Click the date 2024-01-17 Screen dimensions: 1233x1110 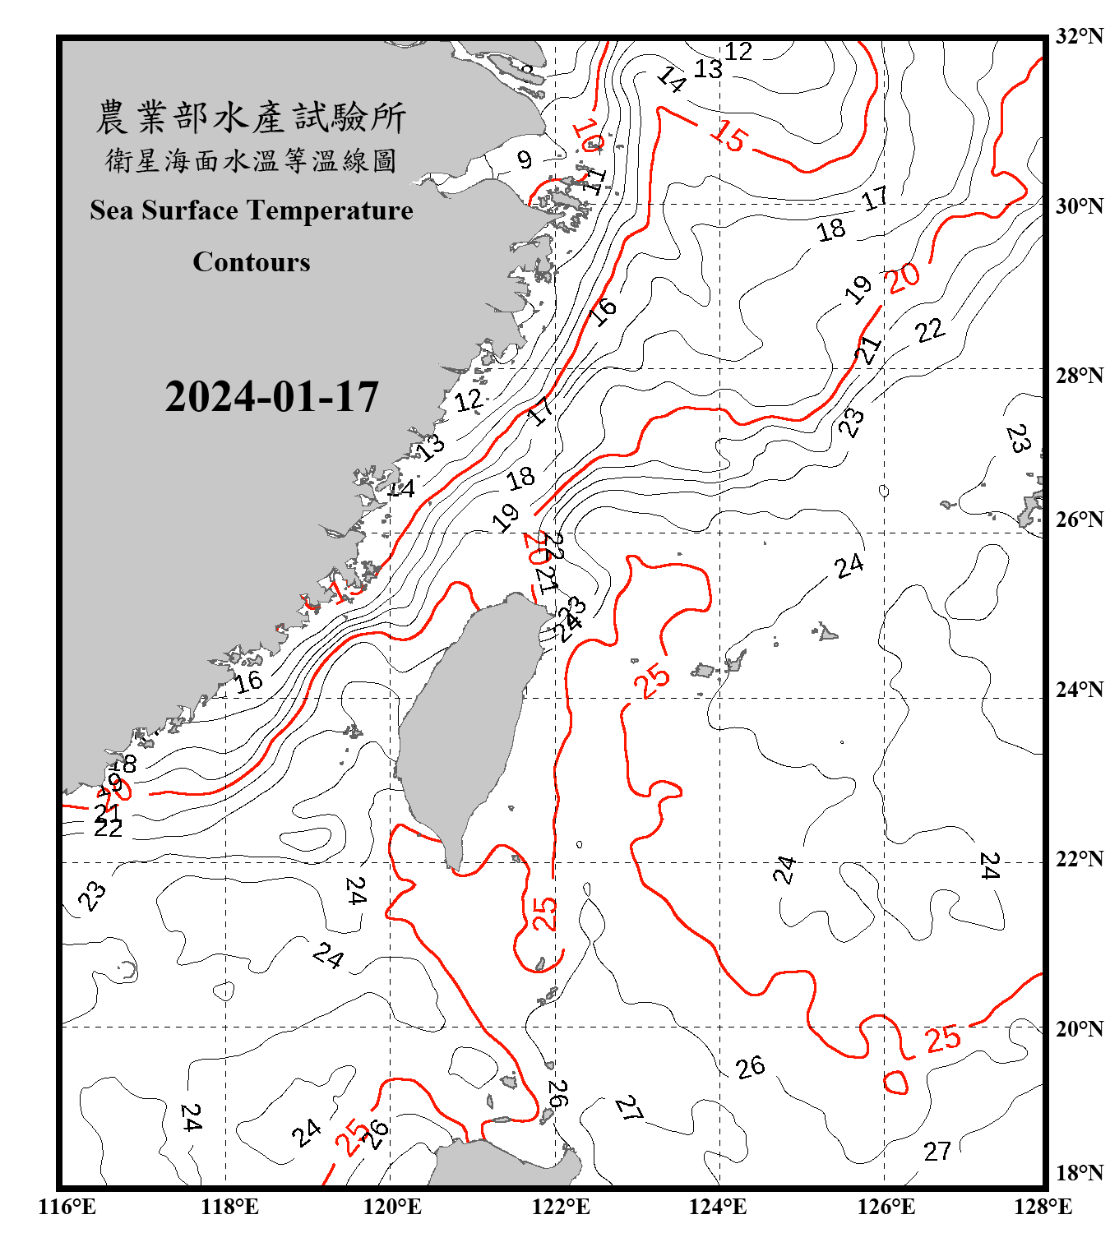(x=271, y=397)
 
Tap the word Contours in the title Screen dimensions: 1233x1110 (x=252, y=262)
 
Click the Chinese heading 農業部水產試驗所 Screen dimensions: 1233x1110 (x=251, y=118)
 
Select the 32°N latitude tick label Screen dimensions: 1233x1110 (x=1079, y=36)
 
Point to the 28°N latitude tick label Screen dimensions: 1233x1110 (x=1079, y=376)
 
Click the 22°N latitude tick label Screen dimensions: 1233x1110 (x=1079, y=859)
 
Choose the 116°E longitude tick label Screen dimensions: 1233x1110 (x=67, y=1207)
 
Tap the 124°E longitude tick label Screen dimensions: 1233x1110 (x=718, y=1207)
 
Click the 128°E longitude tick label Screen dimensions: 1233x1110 (x=1043, y=1207)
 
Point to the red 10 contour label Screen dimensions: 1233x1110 (x=587, y=135)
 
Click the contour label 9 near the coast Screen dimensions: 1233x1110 (x=525, y=159)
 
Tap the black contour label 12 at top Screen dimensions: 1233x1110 (x=738, y=52)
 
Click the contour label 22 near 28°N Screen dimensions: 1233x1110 (x=930, y=330)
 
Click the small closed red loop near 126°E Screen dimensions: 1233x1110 (x=895, y=1082)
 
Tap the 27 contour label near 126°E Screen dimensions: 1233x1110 (x=937, y=1151)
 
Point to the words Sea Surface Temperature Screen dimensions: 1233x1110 (x=252, y=210)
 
